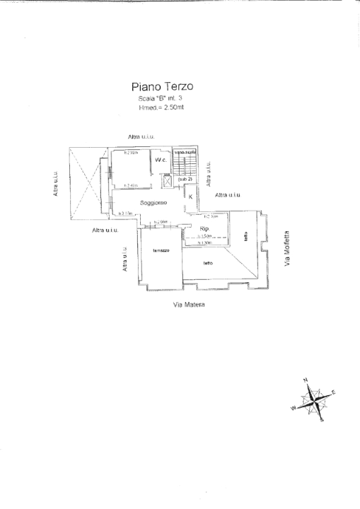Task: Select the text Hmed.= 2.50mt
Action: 162,108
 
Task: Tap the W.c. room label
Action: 160,160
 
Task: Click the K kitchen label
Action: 190,197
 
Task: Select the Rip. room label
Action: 204,229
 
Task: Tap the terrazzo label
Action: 159,251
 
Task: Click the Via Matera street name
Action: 189,305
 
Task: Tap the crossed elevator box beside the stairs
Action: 167,181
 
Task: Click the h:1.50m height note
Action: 204,236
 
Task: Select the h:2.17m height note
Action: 127,213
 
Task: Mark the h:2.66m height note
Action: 159,222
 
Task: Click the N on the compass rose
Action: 306,380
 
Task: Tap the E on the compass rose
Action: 333,392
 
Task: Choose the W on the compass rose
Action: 292,408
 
